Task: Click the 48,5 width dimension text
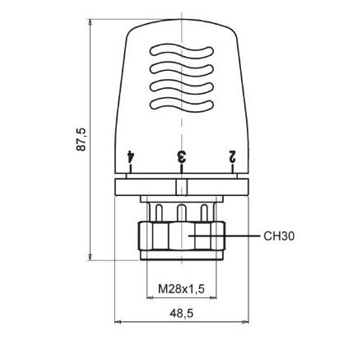click(181, 314)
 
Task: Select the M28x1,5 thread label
click(181, 288)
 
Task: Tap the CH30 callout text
click(280, 236)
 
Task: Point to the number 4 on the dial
click(130, 155)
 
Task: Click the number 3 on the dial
click(181, 155)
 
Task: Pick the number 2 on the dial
click(233, 155)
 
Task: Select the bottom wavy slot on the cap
click(181, 105)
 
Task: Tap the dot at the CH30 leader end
click(192, 236)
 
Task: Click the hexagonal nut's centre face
click(181, 239)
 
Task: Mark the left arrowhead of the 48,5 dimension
click(117, 322)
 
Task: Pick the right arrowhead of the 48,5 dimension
click(246, 322)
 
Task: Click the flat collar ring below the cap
click(181, 187)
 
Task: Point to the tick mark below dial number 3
click(181, 170)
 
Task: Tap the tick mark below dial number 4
click(130, 170)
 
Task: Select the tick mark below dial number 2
click(233, 170)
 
